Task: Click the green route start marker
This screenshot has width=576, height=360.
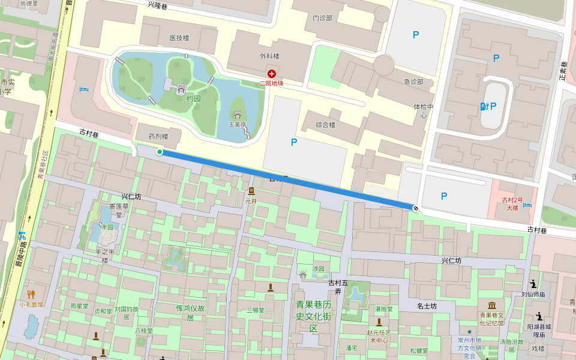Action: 159,152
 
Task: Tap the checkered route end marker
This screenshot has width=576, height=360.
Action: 415,208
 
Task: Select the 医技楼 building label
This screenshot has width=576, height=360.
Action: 179,38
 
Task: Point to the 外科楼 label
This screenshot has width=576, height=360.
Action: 269,56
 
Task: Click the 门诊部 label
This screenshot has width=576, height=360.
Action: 322,18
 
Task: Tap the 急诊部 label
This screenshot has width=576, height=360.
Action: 413,82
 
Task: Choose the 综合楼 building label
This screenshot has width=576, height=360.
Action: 325,125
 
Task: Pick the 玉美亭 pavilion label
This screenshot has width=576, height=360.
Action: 237,125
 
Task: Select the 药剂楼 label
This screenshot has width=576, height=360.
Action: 158,136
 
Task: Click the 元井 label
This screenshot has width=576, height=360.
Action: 251,201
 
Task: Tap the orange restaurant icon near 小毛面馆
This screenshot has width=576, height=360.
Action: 31,294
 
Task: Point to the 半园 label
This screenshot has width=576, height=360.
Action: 107,227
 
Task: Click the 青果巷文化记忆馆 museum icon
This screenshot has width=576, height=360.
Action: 492,306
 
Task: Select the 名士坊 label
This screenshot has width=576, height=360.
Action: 427,306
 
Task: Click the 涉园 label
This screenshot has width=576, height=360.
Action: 318,268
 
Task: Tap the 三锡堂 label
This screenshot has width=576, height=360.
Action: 256,310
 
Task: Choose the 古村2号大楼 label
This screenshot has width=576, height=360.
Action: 512,204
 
